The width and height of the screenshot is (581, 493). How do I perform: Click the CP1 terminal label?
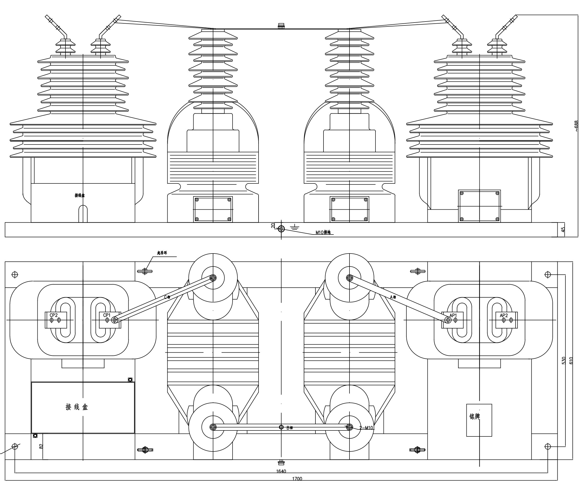[107, 315]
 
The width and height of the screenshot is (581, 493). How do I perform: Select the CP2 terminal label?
[54, 315]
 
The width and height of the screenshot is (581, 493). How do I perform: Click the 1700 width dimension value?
[297, 479]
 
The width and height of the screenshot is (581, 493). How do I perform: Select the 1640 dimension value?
[281, 471]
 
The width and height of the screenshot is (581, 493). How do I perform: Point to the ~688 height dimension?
[576, 126]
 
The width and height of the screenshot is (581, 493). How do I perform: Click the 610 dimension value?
[571, 360]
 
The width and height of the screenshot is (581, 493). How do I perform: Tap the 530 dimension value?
[564, 360]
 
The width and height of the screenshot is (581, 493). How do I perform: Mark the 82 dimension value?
[41, 446]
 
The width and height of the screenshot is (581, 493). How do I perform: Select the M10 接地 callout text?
[323, 232]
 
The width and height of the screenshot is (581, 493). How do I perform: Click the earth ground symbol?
[295, 227]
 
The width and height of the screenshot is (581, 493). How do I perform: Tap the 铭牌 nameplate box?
[479, 420]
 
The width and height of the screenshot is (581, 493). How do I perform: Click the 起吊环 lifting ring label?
[162, 253]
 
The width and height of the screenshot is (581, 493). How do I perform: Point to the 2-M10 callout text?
[366, 428]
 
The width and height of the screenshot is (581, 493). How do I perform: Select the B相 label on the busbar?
[290, 428]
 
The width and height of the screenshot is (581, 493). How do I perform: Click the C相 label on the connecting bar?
[167, 297]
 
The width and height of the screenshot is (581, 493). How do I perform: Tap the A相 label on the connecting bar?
[393, 297]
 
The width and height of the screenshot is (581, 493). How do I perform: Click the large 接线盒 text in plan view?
[77, 407]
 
